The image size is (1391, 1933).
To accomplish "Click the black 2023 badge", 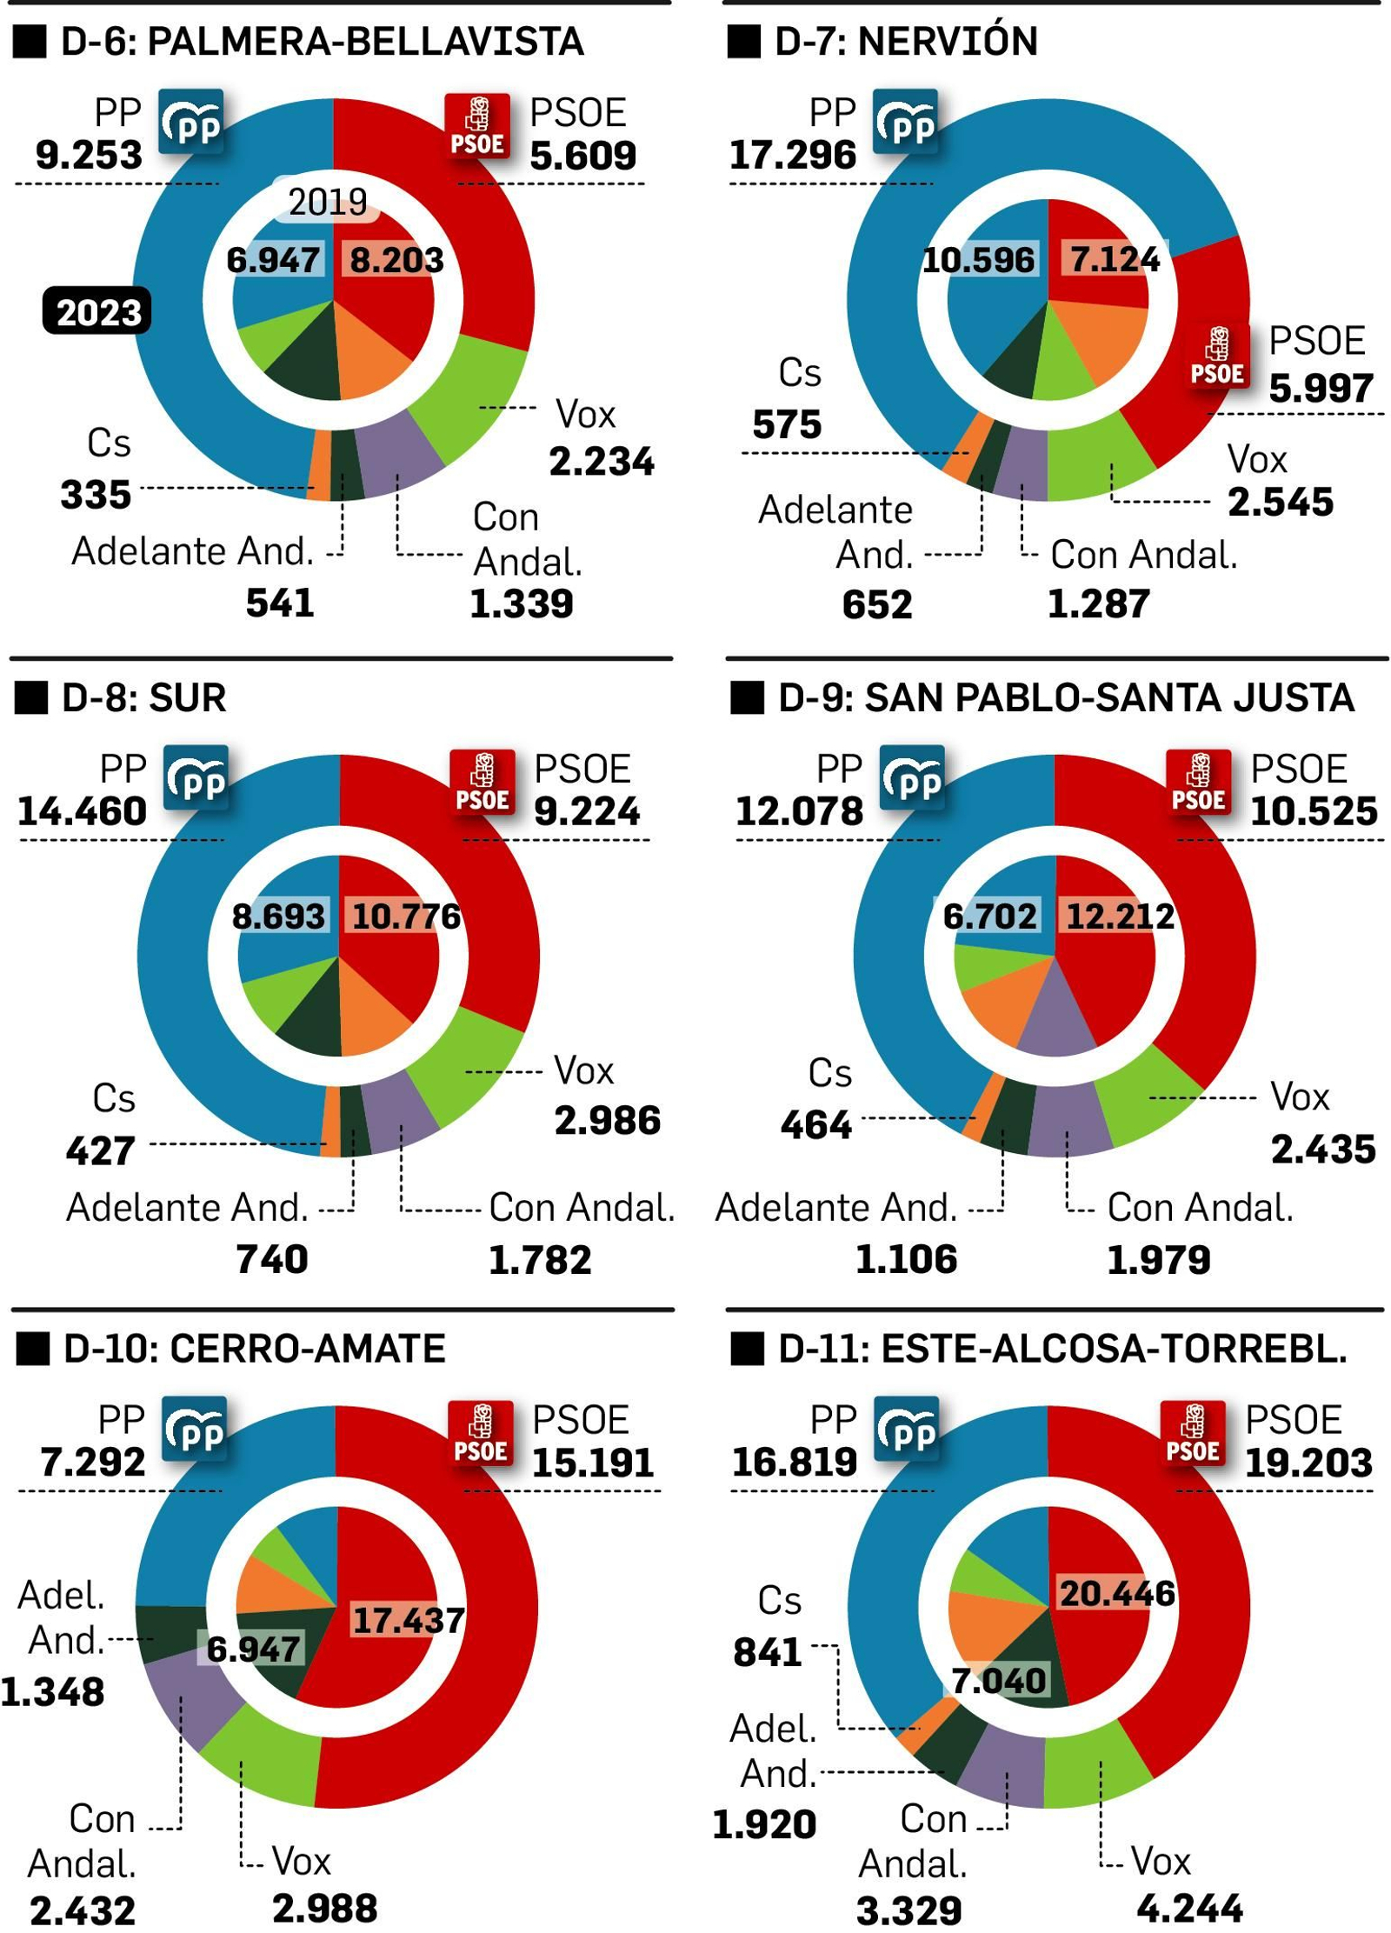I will click(x=97, y=310).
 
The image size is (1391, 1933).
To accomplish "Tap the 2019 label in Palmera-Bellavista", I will click(x=327, y=203).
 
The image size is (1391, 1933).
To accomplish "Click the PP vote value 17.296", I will click(x=792, y=156).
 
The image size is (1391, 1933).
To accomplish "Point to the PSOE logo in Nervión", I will click(x=1218, y=356).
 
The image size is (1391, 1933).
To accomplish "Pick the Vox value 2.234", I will click(x=601, y=461).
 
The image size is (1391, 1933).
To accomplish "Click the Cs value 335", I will click(x=96, y=495).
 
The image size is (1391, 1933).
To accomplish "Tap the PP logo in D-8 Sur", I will click(x=197, y=779).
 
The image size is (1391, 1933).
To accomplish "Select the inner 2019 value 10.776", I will click(x=405, y=917).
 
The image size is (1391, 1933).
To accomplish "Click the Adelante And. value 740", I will click(x=271, y=1259).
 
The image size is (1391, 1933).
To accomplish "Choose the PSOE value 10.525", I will click(x=1313, y=811).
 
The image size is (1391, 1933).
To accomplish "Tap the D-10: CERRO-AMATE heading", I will click(x=254, y=1349).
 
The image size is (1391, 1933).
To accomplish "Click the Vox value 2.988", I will click(x=324, y=1909).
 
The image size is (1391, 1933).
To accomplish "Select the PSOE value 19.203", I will click(x=1308, y=1463).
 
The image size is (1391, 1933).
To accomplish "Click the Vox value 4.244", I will click(x=1188, y=1909).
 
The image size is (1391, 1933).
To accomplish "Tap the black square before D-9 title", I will click(x=746, y=697).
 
